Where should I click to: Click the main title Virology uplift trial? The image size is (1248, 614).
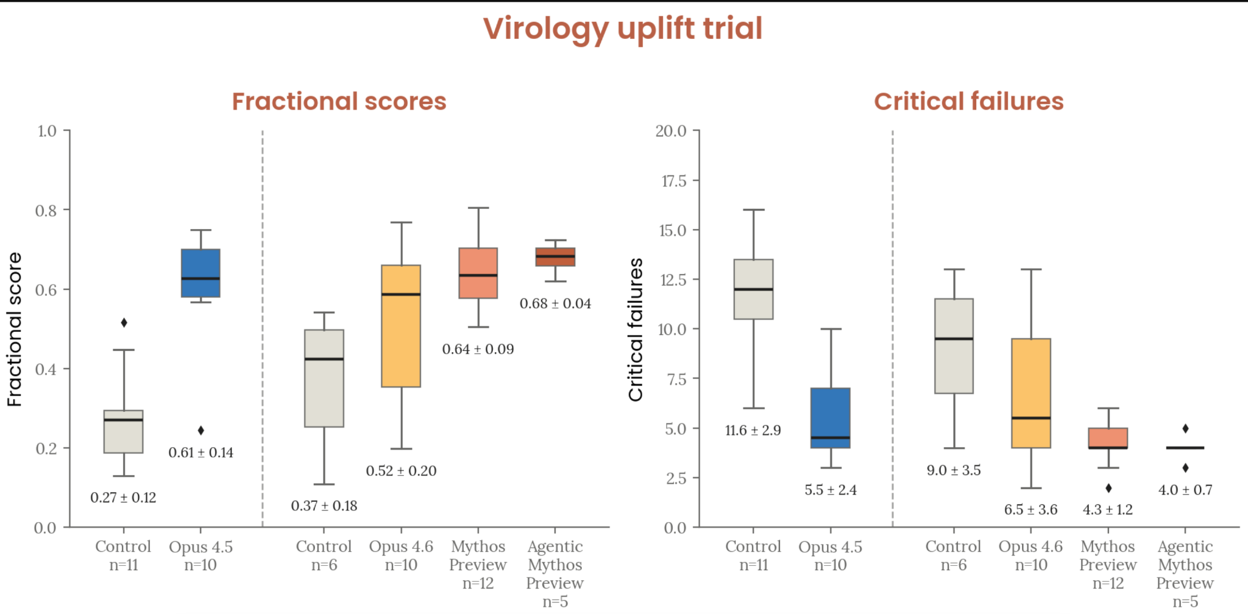point(623,29)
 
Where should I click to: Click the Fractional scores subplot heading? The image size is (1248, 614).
point(339,102)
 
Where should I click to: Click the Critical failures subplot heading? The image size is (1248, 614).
point(968,102)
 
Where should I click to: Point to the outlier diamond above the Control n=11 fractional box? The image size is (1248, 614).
point(124,323)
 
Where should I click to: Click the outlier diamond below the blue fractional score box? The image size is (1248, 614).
point(200,431)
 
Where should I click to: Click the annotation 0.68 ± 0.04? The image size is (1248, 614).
point(555,303)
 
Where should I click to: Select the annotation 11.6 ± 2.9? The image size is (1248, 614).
point(753,431)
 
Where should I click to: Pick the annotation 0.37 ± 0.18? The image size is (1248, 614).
point(324,506)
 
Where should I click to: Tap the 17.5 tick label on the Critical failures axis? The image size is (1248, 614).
point(673,181)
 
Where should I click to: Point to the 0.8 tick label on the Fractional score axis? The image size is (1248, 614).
point(46,211)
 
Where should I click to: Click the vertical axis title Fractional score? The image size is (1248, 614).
point(15,329)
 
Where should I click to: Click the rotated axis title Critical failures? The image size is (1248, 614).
point(636,329)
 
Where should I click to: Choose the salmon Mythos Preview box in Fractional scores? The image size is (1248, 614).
point(478,273)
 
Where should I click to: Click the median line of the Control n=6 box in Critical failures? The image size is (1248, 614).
point(954,339)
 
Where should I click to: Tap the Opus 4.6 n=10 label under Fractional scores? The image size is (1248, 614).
point(401,556)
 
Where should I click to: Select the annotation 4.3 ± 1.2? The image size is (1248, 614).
point(1107,510)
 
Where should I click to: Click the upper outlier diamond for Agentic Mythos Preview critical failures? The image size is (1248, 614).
point(1185,429)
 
